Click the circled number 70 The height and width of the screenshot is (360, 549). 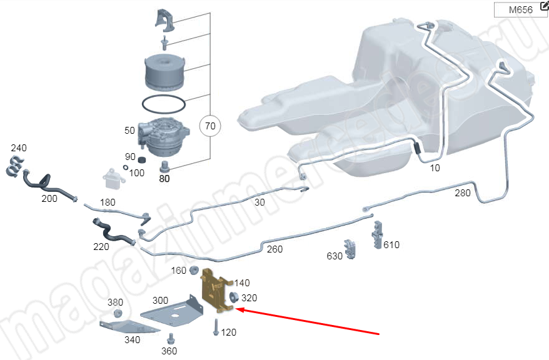click(210, 127)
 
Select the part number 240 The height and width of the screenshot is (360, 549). click(19, 149)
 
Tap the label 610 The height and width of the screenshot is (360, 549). click(391, 245)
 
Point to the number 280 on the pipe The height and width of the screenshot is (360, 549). click(463, 193)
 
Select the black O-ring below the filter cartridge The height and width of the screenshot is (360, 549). click(164, 102)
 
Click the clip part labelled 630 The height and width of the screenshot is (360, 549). click(350, 248)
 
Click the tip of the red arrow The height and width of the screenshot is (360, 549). click(236, 309)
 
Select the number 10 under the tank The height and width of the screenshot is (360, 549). click(435, 168)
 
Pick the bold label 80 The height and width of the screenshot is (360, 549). click(164, 178)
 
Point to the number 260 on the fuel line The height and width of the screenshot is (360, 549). click(274, 249)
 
